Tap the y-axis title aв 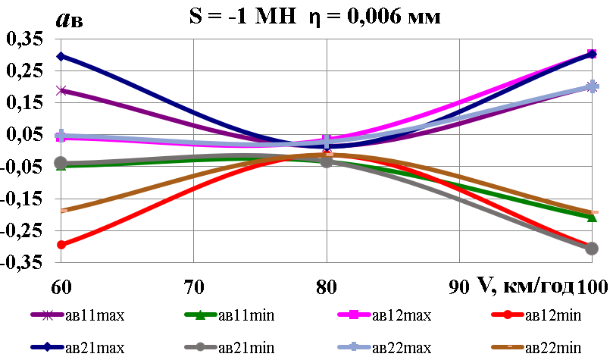(x=70, y=19)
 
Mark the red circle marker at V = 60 (x=61, y=245)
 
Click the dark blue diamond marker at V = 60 (x=61, y=56)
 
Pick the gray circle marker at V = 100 (x=592, y=249)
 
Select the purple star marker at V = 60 (x=61, y=90)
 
